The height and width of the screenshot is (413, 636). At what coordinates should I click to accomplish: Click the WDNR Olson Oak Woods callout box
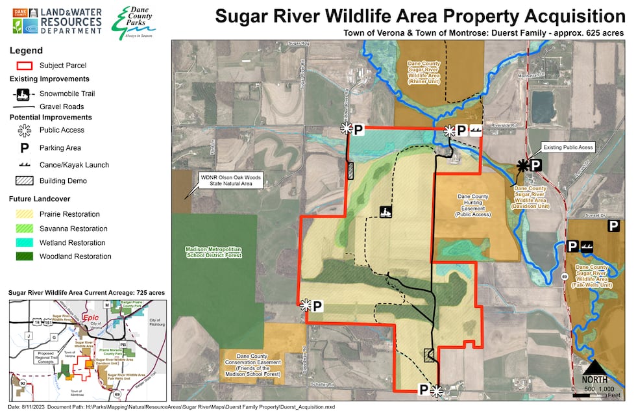click(x=230, y=180)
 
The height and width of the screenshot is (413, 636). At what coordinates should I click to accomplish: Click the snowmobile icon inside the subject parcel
click(x=385, y=211)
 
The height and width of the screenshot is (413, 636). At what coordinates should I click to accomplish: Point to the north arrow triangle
click(x=594, y=369)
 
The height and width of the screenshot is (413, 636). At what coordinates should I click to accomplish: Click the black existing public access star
click(x=522, y=166)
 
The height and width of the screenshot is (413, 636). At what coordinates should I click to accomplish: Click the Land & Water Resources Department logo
click(x=57, y=21)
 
